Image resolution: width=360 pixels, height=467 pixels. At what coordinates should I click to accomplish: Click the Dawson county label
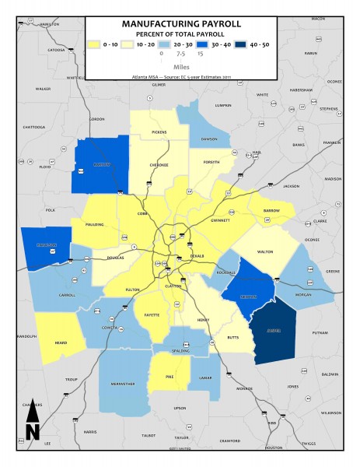coord(208,139)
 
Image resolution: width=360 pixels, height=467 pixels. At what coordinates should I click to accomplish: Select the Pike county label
coord(169,378)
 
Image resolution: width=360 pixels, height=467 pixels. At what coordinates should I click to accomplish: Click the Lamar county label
coord(205,377)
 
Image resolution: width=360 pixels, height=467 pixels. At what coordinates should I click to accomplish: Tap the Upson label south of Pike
coord(180,408)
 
